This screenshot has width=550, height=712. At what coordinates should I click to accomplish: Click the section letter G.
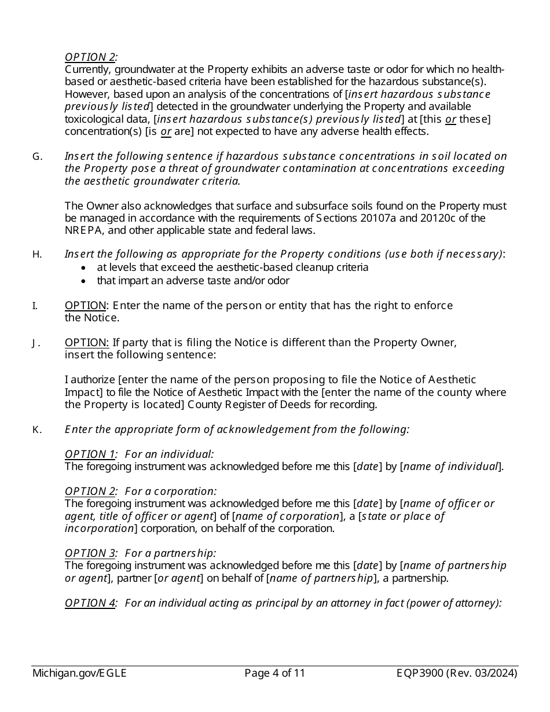click(x=36, y=156)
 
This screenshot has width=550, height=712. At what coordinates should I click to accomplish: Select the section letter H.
click(x=36, y=254)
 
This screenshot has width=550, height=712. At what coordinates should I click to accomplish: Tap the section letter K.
click(x=36, y=430)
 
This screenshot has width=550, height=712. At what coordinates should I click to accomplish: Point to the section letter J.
click(x=36, y=343)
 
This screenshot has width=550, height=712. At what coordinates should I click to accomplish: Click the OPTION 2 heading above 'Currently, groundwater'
click(x=90, y=57)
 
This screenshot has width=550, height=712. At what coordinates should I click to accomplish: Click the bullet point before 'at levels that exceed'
click(x=85, y=268)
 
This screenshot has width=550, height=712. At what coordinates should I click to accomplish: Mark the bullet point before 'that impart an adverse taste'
click(x=85, y=281)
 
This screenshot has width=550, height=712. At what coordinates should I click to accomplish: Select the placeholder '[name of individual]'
click(x=451, y=467)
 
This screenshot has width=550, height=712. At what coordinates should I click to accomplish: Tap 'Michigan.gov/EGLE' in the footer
click(x=79, y=673)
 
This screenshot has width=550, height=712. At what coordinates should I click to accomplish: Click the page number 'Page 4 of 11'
click(x=275, y=673)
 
